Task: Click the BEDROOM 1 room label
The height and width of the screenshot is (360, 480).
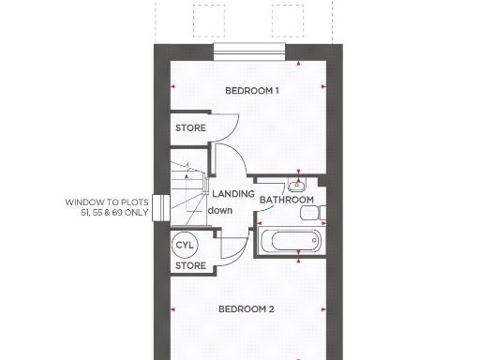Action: click(x=251, y=91)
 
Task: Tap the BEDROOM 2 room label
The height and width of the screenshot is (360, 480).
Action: click(x=246, y=309)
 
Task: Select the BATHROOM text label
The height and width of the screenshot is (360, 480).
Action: click(x=286, y=200)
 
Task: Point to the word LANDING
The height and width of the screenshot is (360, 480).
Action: click(x=232, y=193)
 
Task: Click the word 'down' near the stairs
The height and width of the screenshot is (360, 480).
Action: click(x=220, y=210)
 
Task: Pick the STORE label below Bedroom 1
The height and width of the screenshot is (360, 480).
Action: click(x=190, y=127)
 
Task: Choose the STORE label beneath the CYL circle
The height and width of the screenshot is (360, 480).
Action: click(x=190, y=265)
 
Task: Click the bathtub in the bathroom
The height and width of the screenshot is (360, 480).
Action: click(x=290, y=241)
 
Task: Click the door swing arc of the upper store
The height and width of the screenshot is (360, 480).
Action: click(x=222, y=128)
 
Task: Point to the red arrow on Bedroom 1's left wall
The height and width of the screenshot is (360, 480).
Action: click(x=172, y=87)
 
